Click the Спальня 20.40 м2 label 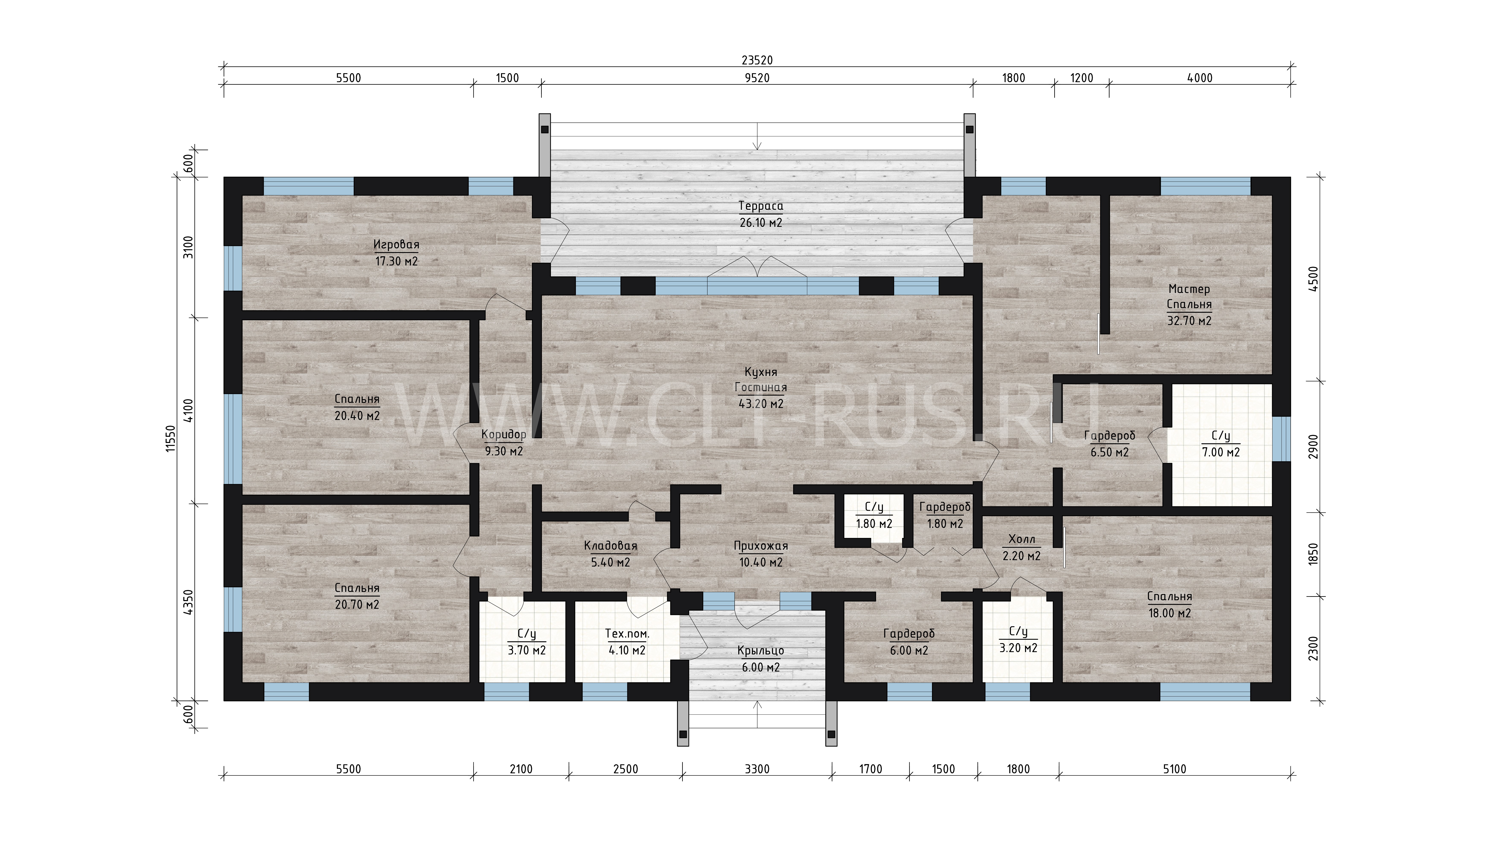[x=357, y=407]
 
